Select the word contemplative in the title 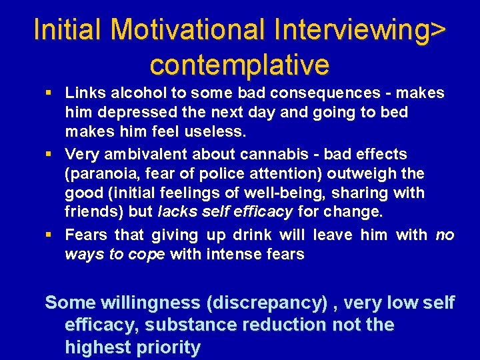pyautogui.click(x=240, y=65)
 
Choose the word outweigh pyautogui.click(x=361, y=173)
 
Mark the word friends pyautogui.click(x=93, y=212)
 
